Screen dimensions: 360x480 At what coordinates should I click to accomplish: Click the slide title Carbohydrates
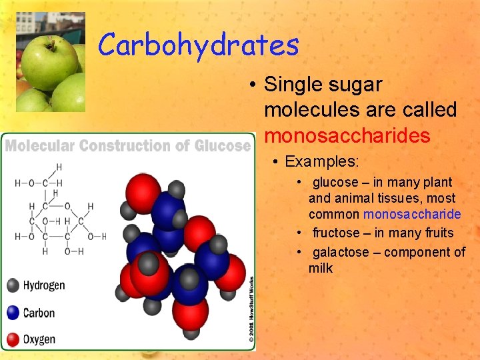tap(198, 45)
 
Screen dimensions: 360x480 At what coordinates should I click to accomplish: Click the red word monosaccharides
tap(347, 136)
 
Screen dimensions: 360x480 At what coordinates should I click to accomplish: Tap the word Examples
tap(321, 162)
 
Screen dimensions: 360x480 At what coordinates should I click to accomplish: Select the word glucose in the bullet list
tap(335, 182)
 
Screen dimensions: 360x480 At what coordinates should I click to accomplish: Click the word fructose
tap(336, 233)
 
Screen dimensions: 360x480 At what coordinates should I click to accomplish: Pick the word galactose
tap(340, 252)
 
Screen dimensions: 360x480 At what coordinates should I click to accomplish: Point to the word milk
tap(320, 268)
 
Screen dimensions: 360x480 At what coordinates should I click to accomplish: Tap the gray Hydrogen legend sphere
tap(13, 286)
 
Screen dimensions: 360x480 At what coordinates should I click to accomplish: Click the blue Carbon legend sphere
tap(13, 313)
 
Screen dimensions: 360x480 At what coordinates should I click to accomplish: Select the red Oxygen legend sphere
tap(13, 339)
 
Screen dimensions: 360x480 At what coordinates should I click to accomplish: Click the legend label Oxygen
tap(39, 339)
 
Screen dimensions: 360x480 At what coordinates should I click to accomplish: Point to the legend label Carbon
tap(39, 313)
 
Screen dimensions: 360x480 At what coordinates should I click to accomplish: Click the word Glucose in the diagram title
tap(223, 145)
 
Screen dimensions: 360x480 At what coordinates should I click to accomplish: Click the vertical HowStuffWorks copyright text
tap(251, 310)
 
